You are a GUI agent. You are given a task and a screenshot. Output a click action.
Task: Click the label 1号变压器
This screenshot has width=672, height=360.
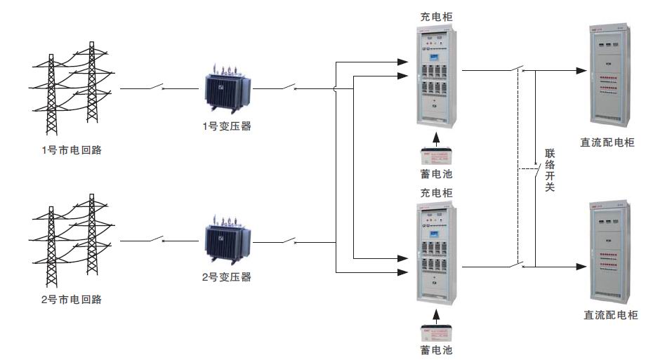pyautogui.click(x=225, y=127)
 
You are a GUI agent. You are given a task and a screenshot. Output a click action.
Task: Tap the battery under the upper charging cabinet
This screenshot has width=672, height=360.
pyautogui.click(x=436, y=155)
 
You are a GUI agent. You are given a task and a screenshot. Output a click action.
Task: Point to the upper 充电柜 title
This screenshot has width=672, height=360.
pyautogui.click(x=436, y=15)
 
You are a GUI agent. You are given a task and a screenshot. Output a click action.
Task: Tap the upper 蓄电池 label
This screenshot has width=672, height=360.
pyautogui.click(x=436, y=173)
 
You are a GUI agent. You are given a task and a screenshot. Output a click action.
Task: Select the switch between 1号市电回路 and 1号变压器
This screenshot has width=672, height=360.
pyautogui.click(x=156, y=88)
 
